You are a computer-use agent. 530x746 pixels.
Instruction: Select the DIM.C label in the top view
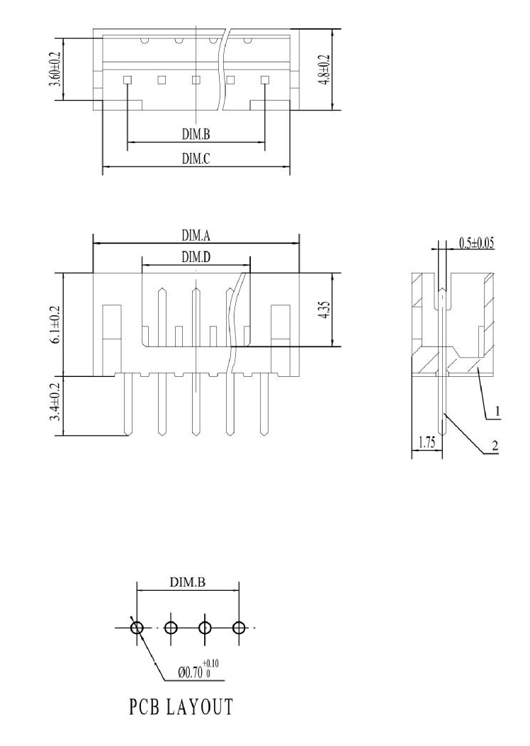[x=196, y=159]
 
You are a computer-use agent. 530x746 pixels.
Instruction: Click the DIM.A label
[x=196, y=235]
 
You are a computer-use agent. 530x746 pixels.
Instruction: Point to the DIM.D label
[x=196, y=257]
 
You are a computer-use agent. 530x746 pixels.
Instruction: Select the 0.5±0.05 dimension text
[x=476, y=243]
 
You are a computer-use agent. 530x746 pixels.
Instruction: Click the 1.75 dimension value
[x=427, y=443]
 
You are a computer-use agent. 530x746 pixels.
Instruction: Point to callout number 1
[x=497, y=411]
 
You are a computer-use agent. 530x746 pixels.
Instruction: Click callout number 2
[x=495, y=446]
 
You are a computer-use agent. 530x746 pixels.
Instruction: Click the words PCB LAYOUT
[x=181, y=707]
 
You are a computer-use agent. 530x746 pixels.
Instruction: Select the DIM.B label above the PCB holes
[x=188, y=582]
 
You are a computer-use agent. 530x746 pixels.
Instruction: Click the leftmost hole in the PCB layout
[x=137, y=628]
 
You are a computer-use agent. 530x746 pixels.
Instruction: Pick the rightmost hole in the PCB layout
[x=239, y=628]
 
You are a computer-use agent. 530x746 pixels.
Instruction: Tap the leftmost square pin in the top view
[x=127, y=79]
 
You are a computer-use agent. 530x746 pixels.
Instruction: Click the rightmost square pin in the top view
[x=265, y=79]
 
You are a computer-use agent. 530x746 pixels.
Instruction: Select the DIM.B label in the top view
[x=196, y=135]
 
